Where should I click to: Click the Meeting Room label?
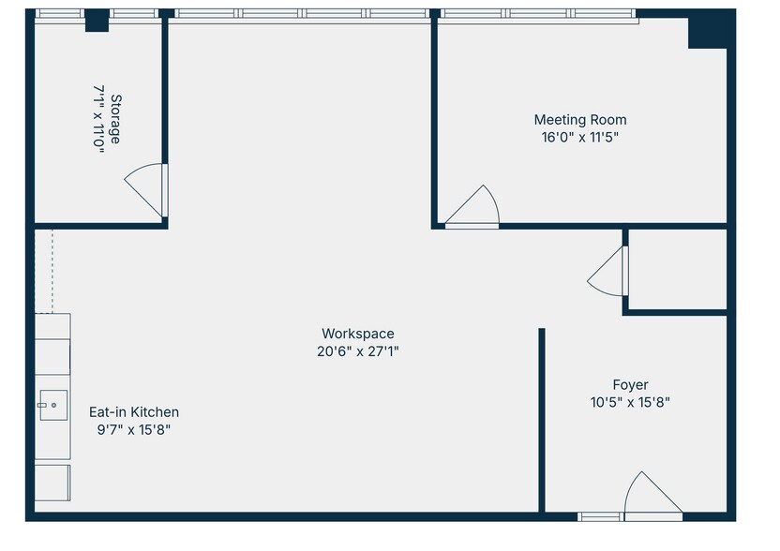pyautogui.click(x=580, y=120)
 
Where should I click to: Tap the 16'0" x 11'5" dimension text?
pyautogui.click(x=580, y=137)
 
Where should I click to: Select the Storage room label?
pyautogui.click(x=115, y=119)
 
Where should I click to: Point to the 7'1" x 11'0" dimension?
pyautogui.click(x=98, y=119)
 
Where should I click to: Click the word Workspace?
pyautogui.click(x=357, y=334)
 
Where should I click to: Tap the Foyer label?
pyautogui.click(x=630, y=385)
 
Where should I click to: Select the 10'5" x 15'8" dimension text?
pyautogui.click(x=630, y=402)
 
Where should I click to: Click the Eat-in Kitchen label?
pyautogui.click(x=133, y=412)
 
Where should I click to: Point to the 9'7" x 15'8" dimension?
pyautogui.click(x=133, y=429)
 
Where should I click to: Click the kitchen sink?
pyautogui.click(x=51, y=406)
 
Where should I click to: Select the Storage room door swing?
pyautogui.click(x=146, y=190)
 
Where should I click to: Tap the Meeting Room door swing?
pyautogui.click(x=476, y=206)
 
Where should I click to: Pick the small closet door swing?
pyautogui.click(x=607, y=273)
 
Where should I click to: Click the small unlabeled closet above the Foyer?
pyautogui.click(x=677, y=270)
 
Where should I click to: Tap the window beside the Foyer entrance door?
pyautogui.click(x=598, y=515)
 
